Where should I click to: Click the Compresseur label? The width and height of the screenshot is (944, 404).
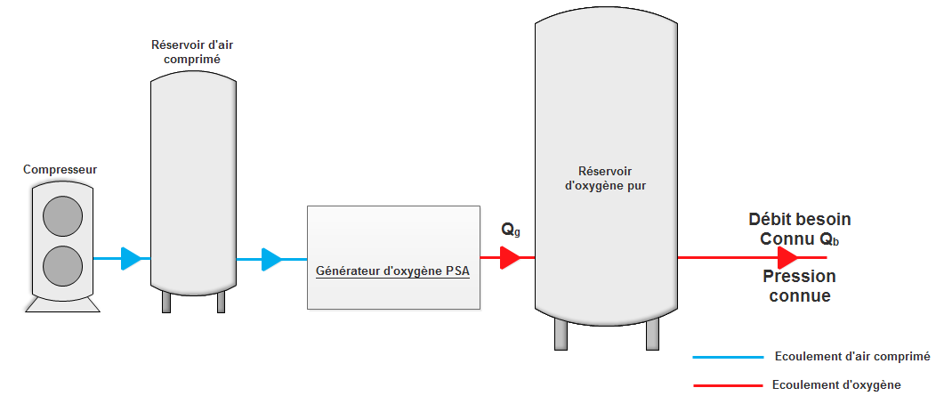click(x=60, y=169)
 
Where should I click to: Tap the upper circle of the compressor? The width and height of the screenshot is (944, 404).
click(x=62, y=215)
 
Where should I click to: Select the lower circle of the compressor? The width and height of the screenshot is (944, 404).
click(x=62, y=265)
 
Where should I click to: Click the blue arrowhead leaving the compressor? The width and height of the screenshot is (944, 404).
click(x=132, y=258)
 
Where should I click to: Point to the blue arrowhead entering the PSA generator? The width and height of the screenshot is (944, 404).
click(x=271, y=259)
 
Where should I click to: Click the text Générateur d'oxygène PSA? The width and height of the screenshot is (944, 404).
click(x=392, y=269)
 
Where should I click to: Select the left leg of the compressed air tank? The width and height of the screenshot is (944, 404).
click(x=166, y=303)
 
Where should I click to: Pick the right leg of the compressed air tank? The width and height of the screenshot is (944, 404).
click(x=221, y=303)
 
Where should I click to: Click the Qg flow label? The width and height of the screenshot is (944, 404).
click(x=511, y=230)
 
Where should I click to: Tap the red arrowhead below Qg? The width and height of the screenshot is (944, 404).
click(x=510, y=258)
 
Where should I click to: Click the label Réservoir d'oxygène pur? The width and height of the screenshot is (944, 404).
click(x=606, y=179)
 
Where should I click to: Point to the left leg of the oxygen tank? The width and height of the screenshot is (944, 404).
click(x=561, y=334)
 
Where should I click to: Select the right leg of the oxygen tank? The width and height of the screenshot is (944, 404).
click(x=653, y=334)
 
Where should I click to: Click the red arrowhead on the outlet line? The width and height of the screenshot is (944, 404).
click(x=787, y=258)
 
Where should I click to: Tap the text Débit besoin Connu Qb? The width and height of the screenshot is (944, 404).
click(x=800, y=230)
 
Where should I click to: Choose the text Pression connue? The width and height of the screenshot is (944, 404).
click(x=797, y=287)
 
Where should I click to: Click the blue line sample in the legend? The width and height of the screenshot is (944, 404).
click(x=728, y=357)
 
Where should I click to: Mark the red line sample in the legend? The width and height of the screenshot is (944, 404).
click(x=728, y=385)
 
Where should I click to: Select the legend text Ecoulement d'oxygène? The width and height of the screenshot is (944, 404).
click(x=837, y=385)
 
